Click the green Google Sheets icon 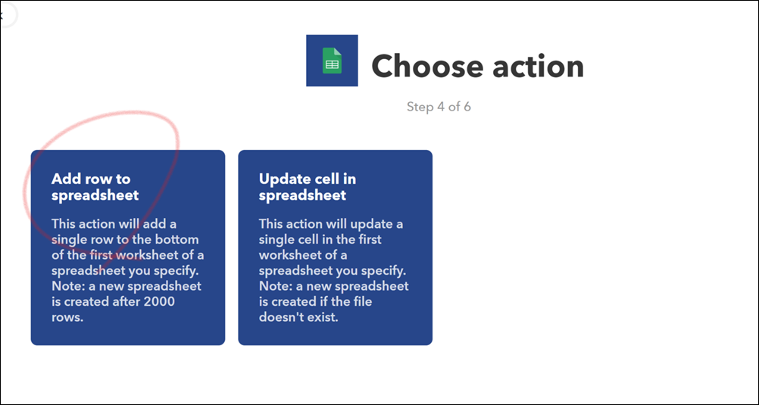(332, 61)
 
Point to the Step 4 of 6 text (439, 107)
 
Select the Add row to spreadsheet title (95, 187)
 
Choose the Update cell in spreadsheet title (308, 187)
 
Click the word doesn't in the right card (280, 318)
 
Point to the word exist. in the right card (320, 318)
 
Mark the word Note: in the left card (67, 286)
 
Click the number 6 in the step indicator (467, 107)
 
